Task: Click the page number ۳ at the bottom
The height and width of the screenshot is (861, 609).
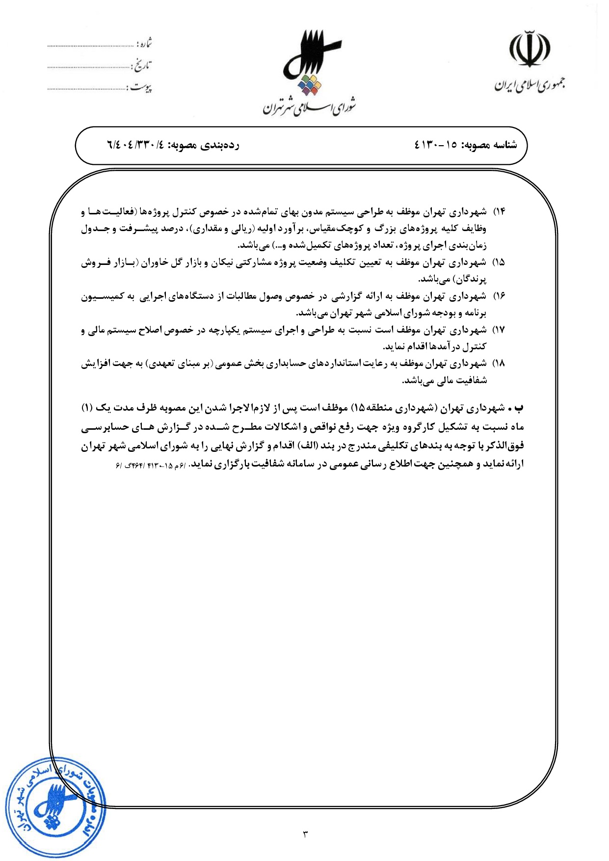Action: pyautogui.click(x=305, y=834)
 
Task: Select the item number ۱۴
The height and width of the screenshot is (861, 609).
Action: pyautogui.click(x=499, y=211)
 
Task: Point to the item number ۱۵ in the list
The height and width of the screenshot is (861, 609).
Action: pyautogui.click(x=499, y=262)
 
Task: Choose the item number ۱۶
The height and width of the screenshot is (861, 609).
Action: pyautogui.click(x=499, y=296)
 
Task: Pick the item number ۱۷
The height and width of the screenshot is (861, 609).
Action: pyautogui.click(x=499, y=330)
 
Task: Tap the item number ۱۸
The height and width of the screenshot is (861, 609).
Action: pyautogui.click(x=499, y=364)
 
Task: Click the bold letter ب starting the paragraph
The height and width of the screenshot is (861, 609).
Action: pyautogui.click(x=520, y=408)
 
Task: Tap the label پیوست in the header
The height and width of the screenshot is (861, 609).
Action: pyautogui.click(x=141, y=88)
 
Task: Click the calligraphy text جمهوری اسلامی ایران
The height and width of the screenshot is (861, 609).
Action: pyautogui.click(x=530, y=85)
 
